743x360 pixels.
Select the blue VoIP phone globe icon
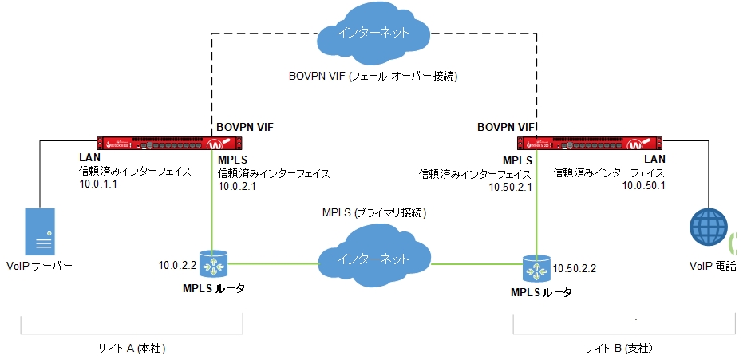pos(708,227)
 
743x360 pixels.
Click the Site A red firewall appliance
pos(168,144)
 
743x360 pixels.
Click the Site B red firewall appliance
pos(590,144)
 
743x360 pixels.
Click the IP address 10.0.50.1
pos(643,185)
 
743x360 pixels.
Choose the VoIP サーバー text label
pos(38,265)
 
